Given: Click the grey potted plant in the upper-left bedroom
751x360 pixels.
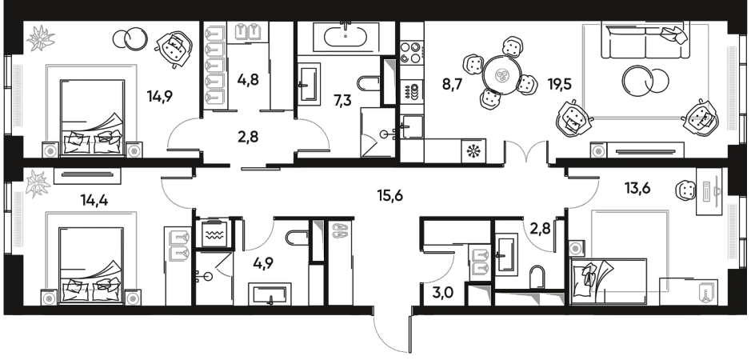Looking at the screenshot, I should click(37, 38).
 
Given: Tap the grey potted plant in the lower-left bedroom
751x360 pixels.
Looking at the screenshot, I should click(37, 184).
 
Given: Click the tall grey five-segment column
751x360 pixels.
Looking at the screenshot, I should click(214, 66).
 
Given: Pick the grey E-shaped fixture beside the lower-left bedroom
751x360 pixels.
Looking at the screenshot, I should click(178, 244).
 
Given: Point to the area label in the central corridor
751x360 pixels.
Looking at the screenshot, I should click(390, 193).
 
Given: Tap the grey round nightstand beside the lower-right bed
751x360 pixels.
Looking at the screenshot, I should click(574, 249).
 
